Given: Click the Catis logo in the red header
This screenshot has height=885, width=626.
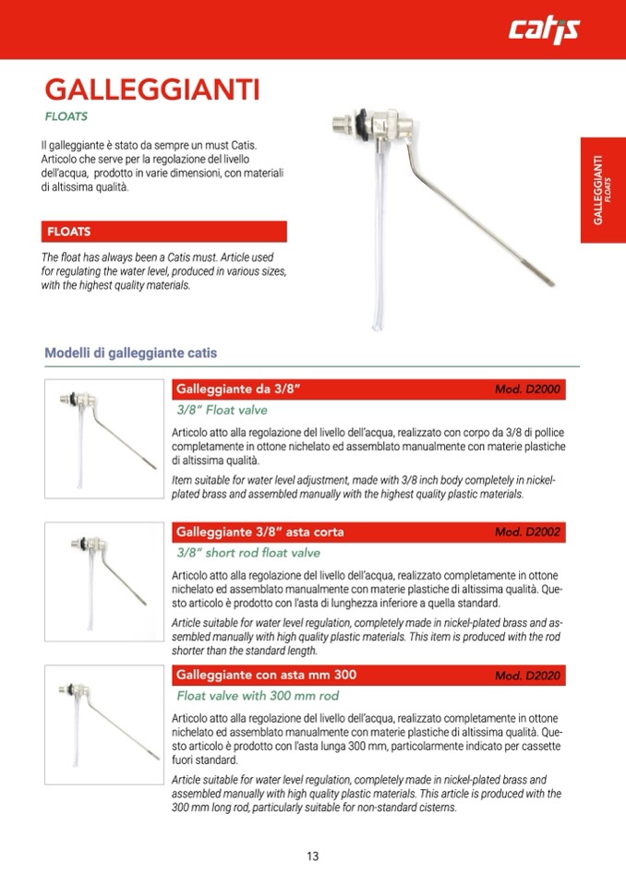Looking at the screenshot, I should pyautogui.click(x=544, y=30).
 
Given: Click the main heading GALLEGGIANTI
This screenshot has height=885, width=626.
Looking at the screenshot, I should pyautogui.click(x=152, y=90).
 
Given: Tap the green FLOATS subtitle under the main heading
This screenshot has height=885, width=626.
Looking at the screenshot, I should pyautogui.click(x=66, y=117).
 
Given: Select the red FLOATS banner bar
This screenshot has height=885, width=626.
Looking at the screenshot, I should pyautogui.click(x=164, y=231).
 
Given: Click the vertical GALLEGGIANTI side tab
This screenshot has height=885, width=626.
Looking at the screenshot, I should pyautogui.click(x=602, y=191).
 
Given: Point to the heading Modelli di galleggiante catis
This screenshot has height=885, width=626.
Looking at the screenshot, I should pyautogui.click(x=130, y=353).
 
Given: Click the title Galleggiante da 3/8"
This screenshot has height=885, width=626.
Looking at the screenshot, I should pyautogui.click(x=239, y=389).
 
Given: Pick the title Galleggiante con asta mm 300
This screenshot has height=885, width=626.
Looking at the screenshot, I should pyautogui.click(x=266, y=675).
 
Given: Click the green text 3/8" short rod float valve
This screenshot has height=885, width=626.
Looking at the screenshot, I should pyautogui.click(x=248, y=553).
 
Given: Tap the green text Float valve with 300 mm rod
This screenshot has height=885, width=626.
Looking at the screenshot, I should pyautogui.click(x=258, y=696).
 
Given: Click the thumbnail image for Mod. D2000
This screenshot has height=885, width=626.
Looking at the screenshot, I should pyautogui.click(x=103, y=438).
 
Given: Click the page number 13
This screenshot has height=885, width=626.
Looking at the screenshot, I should pyautogui.click(x=312, y=856).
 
